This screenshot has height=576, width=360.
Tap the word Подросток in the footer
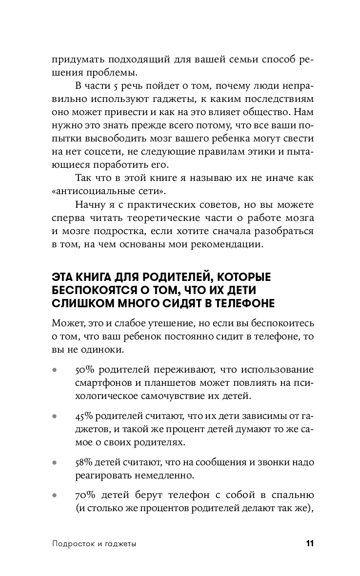pyautogui.click(x=72, y=544)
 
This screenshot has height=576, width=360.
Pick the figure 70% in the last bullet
pyautogui.click(x=86, y=496)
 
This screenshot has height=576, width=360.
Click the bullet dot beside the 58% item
pyautogui.click(x=54, y=462)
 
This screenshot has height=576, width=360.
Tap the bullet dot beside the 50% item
pyautogui.click(x=54, y=370)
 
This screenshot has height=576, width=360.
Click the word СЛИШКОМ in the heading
pyautogui.click(x=78, y=303)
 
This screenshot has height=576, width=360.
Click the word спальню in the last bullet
pyautogui.click(x=288, y=496)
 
